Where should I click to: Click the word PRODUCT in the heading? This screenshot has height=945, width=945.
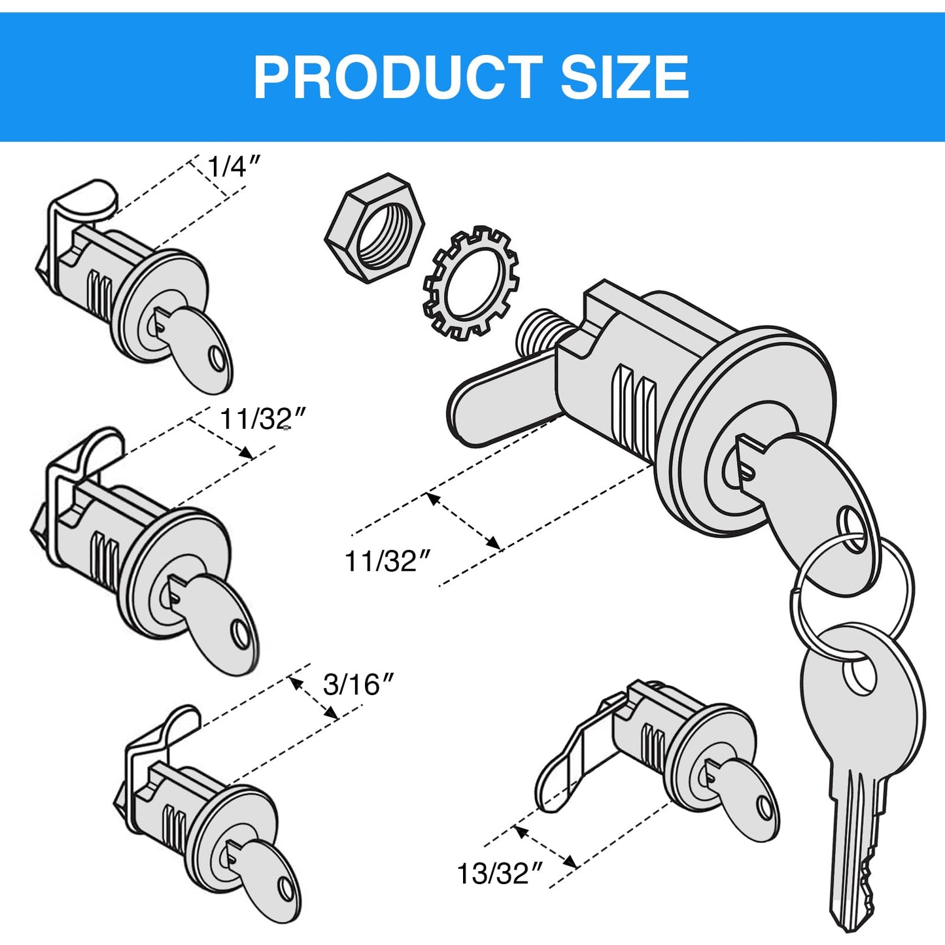[398, 77]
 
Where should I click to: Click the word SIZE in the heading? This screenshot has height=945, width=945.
[625, 77]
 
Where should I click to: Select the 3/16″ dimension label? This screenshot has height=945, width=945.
[359, 685]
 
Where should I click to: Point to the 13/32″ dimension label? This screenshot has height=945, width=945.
[500, 874]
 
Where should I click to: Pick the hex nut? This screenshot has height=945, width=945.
[374, 228]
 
